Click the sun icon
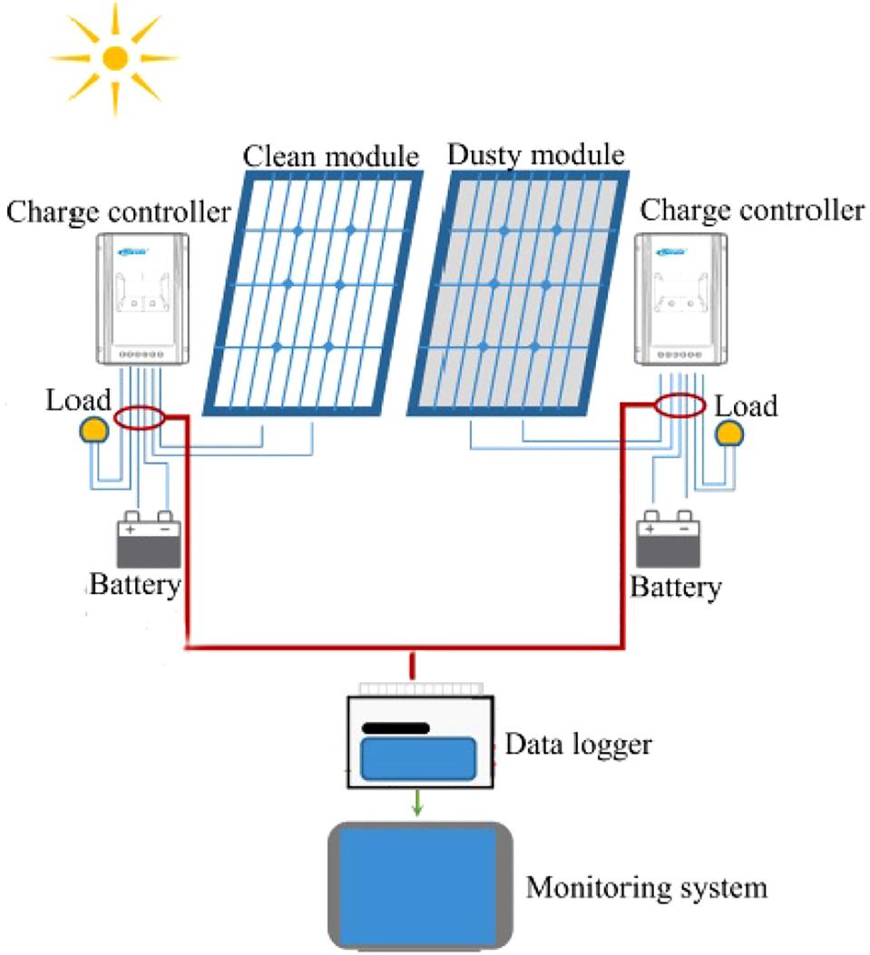click(x=114, y=58)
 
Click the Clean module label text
click(x=331, y=157)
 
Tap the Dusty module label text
click(x=536, y=155)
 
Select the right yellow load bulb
click(x=728, y=434)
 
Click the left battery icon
click(x=148, y=542)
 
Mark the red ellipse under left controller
click(x=139, y=418)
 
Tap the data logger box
click(x=418, y=742)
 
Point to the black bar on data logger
click(x=396, y=727)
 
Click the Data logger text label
click(x=578, y=745)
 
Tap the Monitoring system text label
click(x=647, y=886)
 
